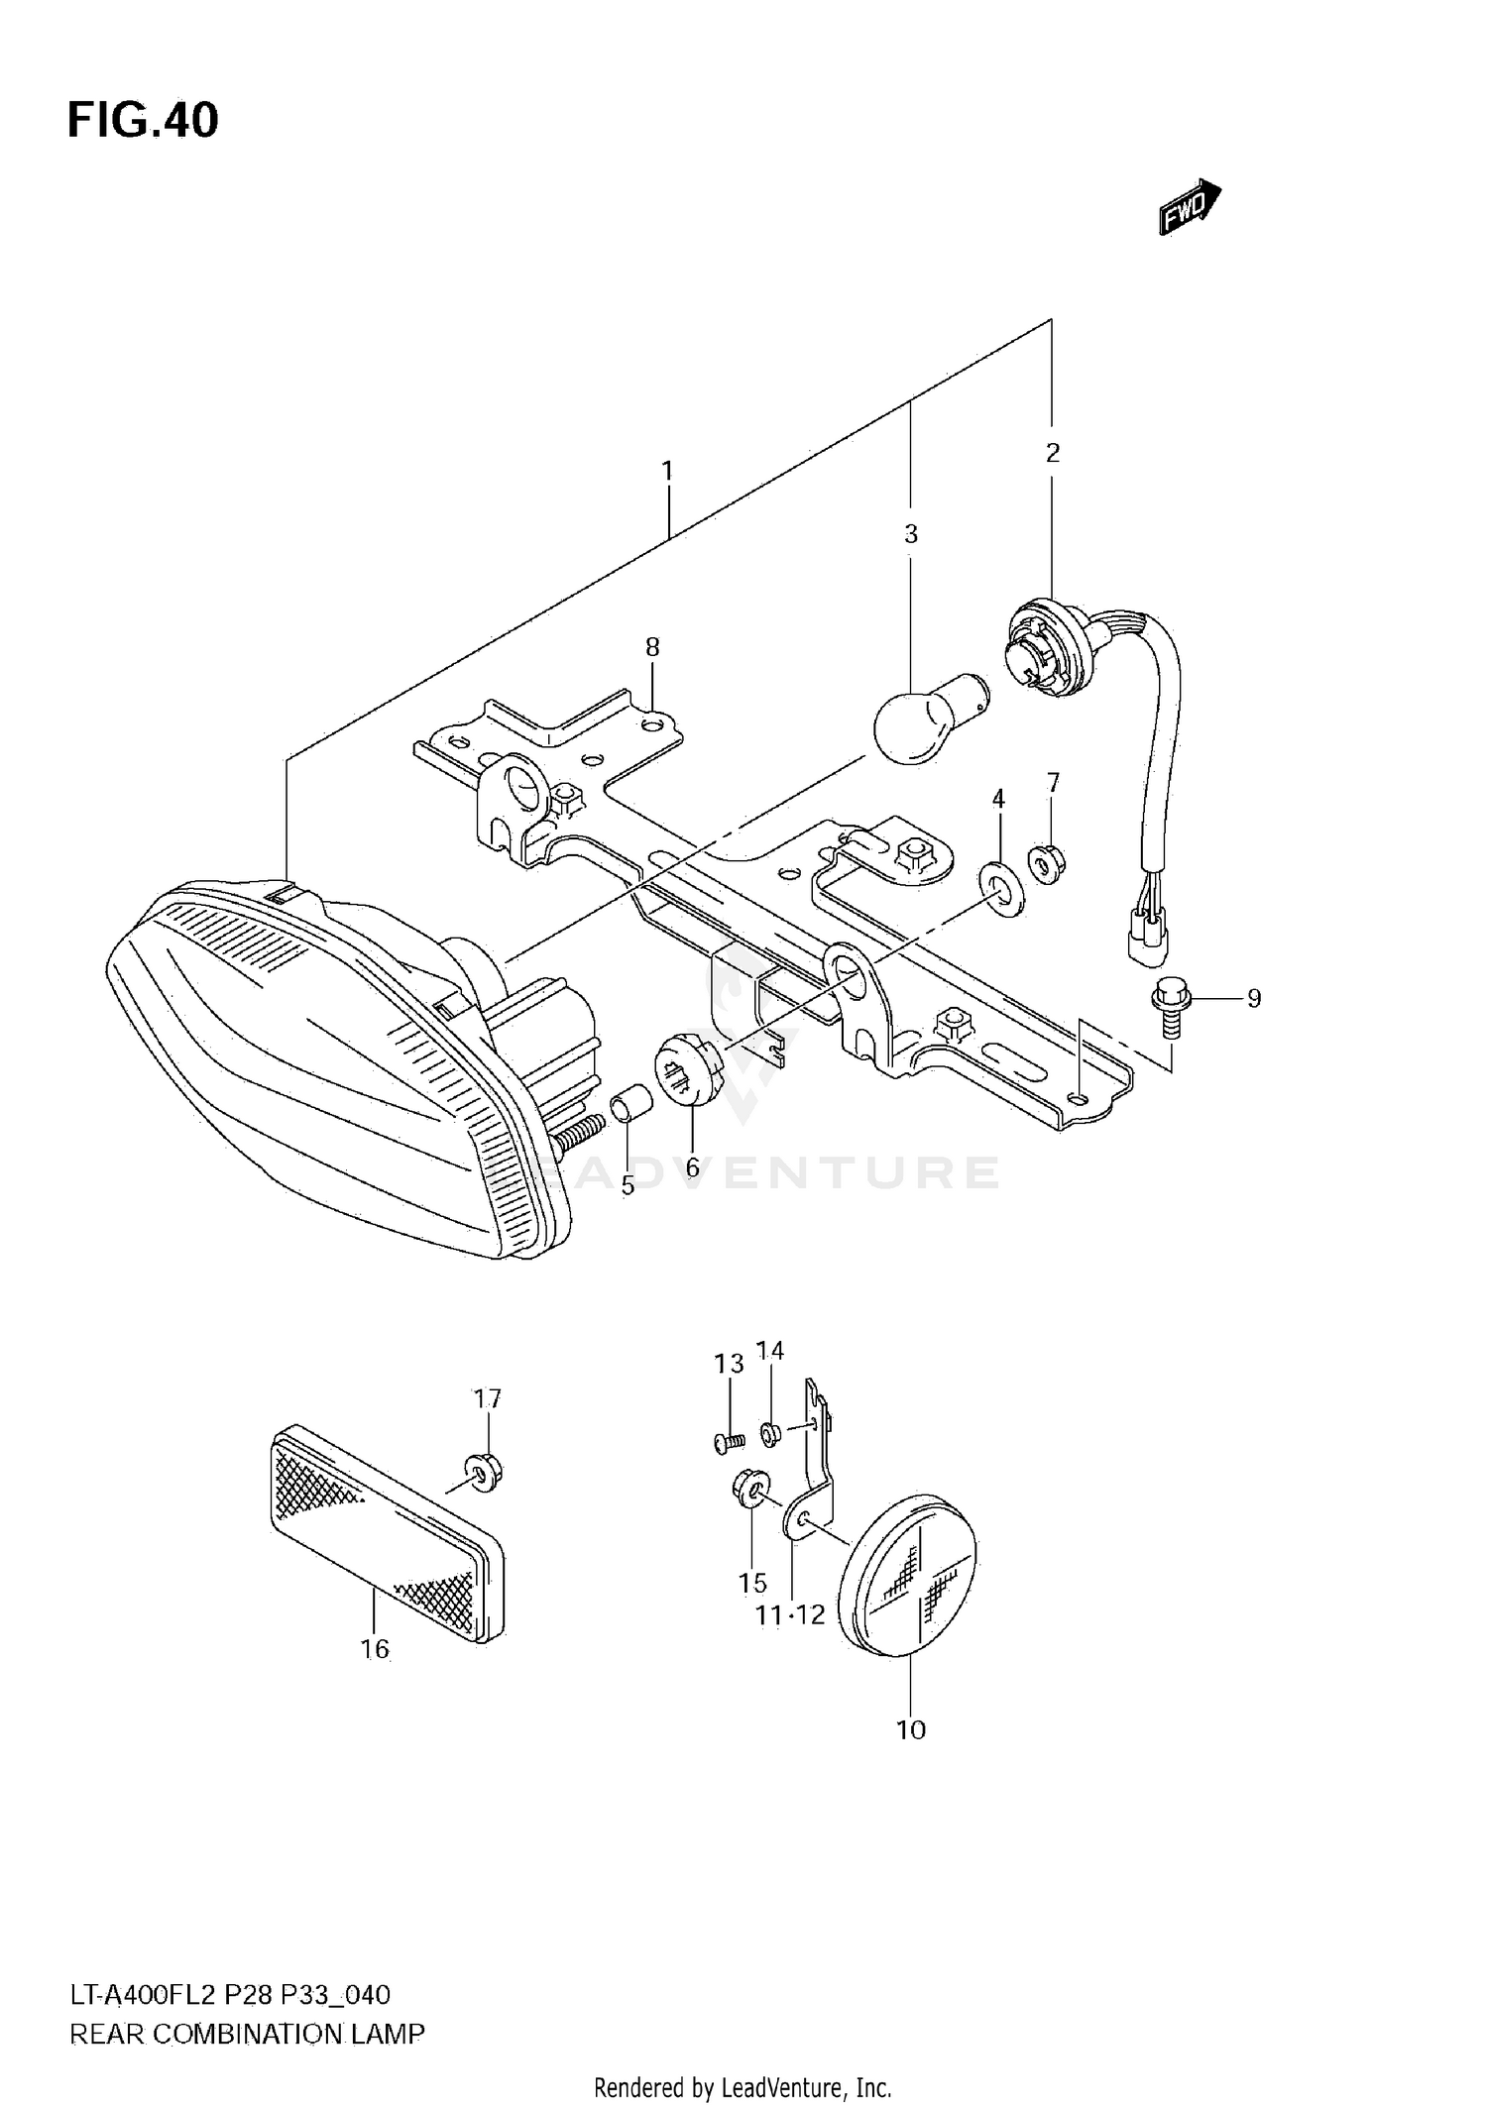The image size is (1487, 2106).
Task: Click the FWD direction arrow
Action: (1190, 207)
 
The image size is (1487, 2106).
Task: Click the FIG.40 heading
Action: (143, 121)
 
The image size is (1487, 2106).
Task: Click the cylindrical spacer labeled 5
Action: (630, 1105)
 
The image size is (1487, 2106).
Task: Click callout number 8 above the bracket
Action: (652, 647)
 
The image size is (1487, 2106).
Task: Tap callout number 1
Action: (667, 471)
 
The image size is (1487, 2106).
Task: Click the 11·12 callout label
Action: (789, 1615)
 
